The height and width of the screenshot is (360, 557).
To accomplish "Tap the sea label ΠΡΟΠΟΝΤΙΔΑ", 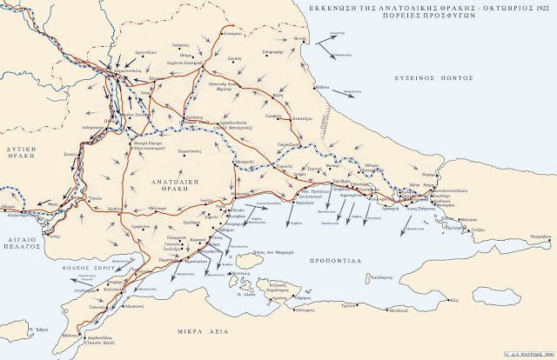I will coord(341,259).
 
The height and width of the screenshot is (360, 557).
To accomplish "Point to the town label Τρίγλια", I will coord(349,306).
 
